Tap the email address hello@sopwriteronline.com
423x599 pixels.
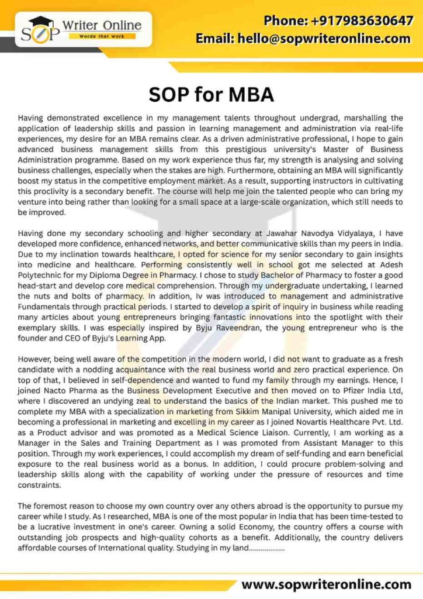303,39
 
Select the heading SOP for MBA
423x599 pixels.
211,94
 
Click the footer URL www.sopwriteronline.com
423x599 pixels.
327,584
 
